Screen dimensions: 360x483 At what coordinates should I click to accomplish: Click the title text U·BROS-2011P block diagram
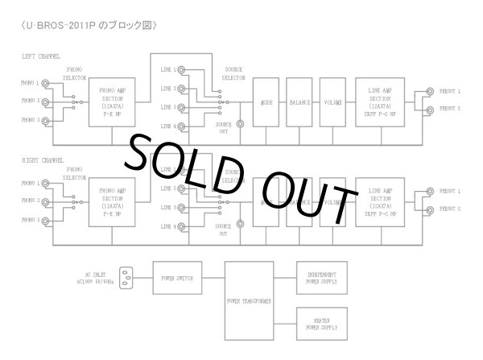[88, 25]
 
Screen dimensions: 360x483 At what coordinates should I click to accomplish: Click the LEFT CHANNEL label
[47, 56]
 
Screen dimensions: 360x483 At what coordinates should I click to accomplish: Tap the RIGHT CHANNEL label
[48, 160]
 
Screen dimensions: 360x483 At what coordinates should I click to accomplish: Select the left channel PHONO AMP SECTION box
[113, 102]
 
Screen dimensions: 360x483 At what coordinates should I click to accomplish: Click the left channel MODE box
[266, 102]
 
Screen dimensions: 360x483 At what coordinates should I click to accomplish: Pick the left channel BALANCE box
[300, 102]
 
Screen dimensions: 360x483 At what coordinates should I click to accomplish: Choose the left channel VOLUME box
[332, 102]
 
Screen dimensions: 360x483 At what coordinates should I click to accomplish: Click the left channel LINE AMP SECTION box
[379, 102]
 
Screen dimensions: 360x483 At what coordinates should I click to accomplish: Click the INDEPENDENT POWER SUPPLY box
[322, 278]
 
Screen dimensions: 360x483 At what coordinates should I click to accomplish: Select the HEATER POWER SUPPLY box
[322, 325]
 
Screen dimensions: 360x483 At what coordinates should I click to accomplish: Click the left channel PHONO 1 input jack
[51, 83]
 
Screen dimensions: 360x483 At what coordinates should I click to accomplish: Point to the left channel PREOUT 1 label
[448, 91]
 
